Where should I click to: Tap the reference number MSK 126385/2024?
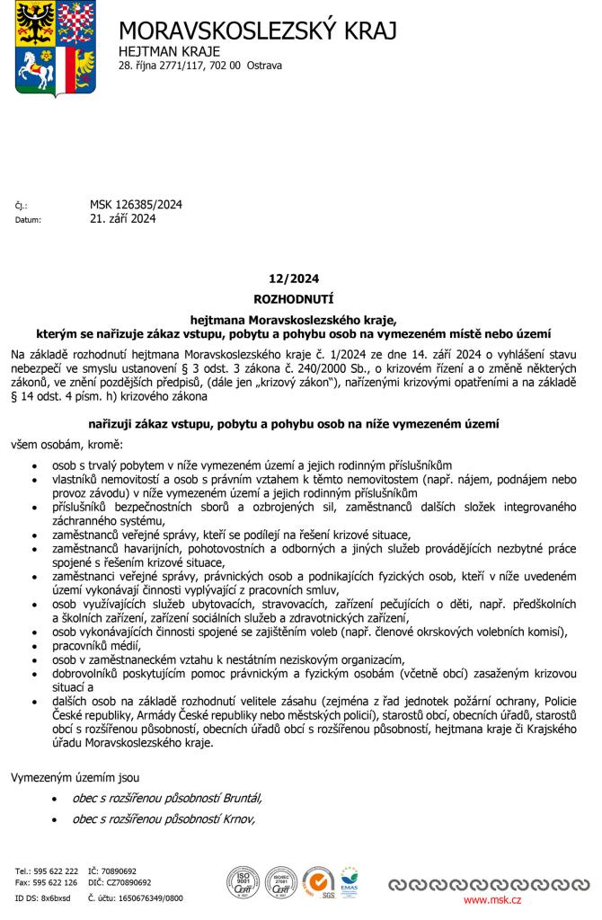tap(136, 205)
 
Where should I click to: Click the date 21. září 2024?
tap(123, 218)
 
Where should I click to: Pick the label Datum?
tap(28, 219)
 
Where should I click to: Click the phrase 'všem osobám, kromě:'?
tap(66, 445)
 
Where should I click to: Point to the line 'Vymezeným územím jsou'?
tap(75, 777)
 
